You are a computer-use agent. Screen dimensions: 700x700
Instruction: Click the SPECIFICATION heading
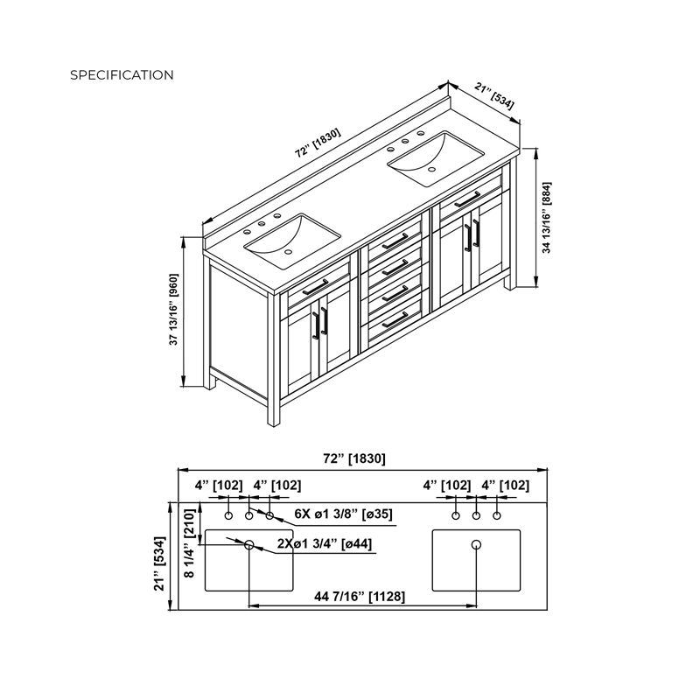coord(122,75)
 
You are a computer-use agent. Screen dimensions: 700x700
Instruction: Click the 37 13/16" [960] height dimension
coord(173,310)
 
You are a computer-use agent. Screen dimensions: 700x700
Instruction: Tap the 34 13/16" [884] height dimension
coord(546,217)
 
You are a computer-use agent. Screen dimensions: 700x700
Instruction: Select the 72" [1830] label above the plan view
coord(354,458)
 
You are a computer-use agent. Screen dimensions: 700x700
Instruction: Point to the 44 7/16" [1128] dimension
coord(360,597)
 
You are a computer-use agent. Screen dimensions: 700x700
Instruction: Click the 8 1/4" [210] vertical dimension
coord(190,542)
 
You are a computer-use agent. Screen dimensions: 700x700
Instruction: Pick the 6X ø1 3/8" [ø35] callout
coord(343,514)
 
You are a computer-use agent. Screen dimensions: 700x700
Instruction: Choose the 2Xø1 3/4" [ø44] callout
coord(325,543)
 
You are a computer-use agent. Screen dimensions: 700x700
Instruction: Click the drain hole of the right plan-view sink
coord(476,544)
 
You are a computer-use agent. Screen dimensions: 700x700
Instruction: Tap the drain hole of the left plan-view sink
coord(249,544)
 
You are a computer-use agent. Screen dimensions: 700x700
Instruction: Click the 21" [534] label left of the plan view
coord(159,563)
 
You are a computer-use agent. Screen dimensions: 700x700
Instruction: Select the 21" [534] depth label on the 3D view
coord(494,96)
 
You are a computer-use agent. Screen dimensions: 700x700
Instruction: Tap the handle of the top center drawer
coord(395,241)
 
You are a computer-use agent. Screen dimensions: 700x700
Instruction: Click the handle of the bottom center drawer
coord(395,320)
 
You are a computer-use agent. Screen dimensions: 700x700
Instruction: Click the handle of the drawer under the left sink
coord(315,287)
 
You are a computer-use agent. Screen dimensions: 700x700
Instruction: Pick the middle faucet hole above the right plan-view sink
coord(476,515)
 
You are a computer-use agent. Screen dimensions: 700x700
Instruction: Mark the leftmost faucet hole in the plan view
coord(228,515)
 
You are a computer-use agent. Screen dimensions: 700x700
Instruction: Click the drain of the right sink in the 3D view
coord(431,170)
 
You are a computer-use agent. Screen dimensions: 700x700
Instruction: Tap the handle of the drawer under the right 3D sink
coord(467,199)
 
